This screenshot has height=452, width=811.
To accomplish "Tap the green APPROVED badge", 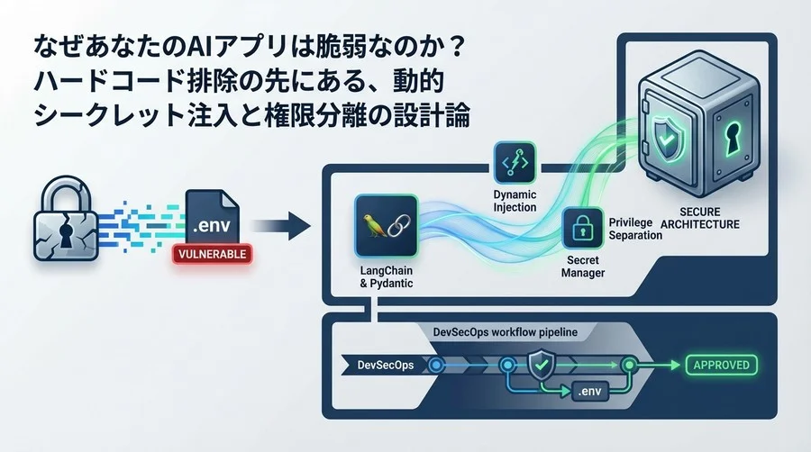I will pyautogui.click(x=723, y=366).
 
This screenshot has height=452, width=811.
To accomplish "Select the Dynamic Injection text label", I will pyautogui.click(x=515, y=201).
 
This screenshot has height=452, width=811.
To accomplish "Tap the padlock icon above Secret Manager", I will pyautogui.click(x=582, y=228).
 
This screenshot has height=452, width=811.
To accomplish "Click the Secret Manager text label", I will pyautogui.click(x=582, y=267).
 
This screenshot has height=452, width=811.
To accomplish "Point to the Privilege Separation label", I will pyautogui.click(x=636, y=229).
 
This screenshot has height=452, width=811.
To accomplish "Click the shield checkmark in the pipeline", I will pyautogui.click(x=540, y=365).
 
